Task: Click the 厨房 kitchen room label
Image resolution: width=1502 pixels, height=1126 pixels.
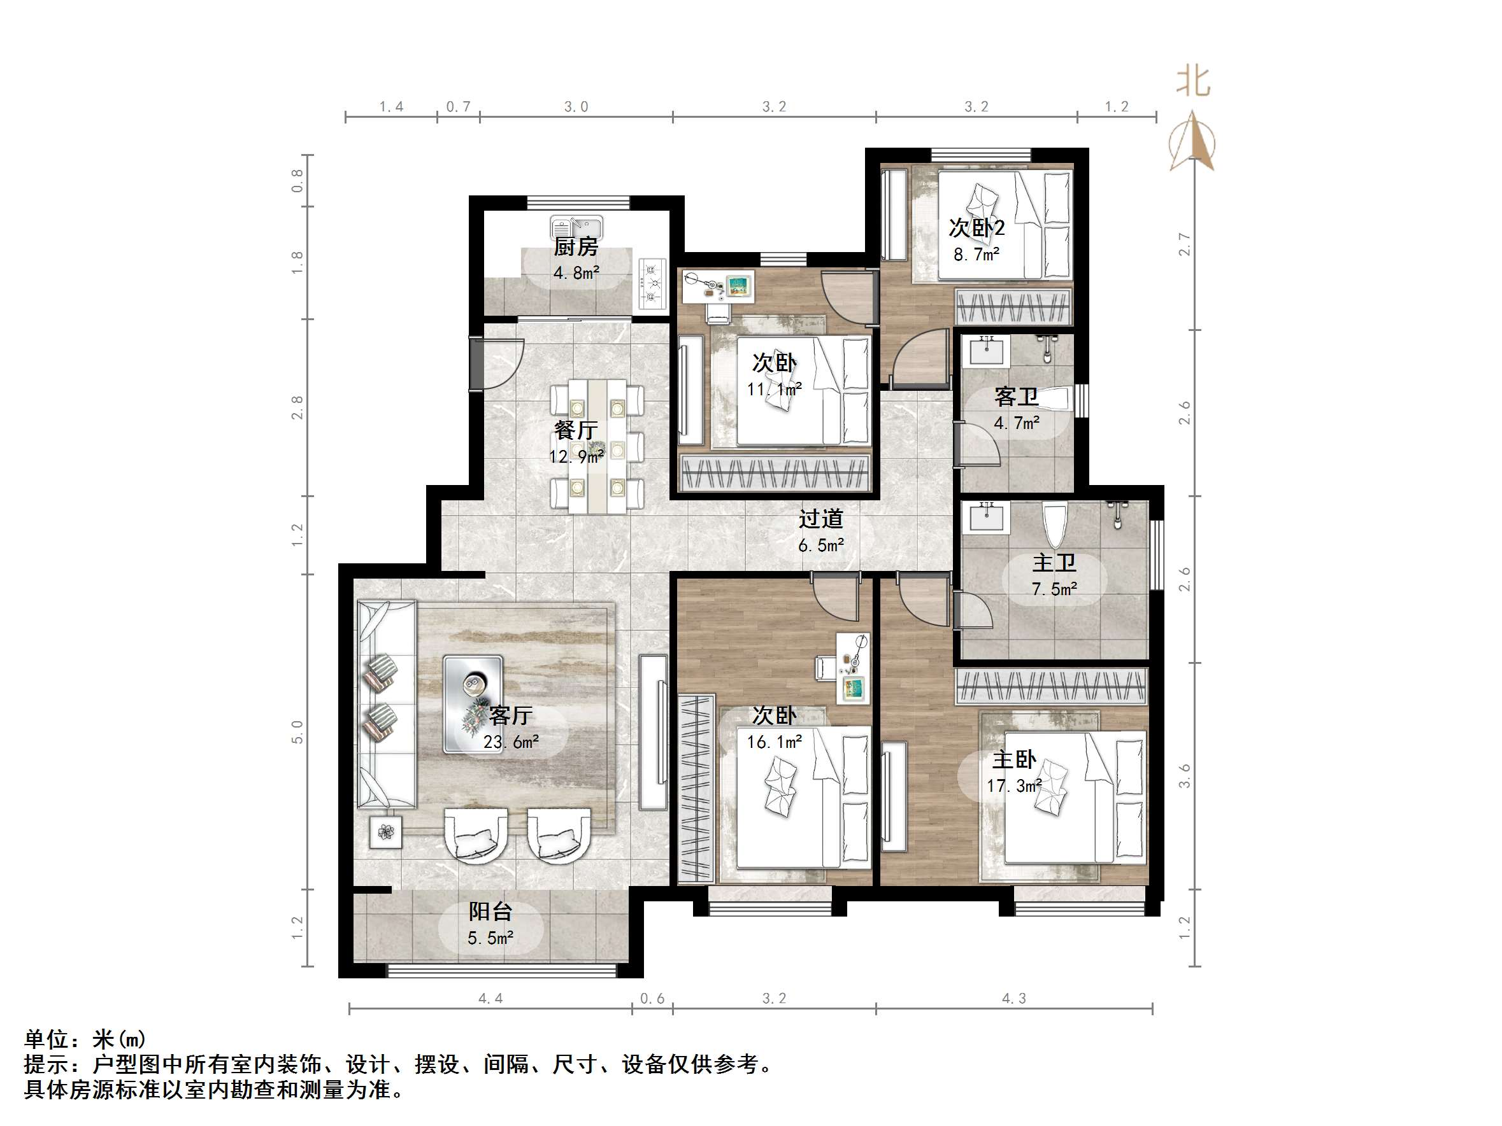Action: pyautogui.click(x=575, y=247)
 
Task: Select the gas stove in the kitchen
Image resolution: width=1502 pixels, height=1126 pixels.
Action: pyautogui.click(x=651, y=285)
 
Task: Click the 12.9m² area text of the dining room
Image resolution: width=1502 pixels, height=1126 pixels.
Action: pyautogui.click(x=576, y=457)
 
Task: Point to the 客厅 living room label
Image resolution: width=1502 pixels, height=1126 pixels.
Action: pyautogui.click(x=511, y=715)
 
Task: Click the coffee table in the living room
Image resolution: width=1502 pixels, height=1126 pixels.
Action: pyautogui.click(x=473, y=704)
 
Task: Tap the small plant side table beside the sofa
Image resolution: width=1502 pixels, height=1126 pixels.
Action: pyautogui.click(x=385, y=831)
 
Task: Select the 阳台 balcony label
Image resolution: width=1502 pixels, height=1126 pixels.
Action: pyautogui.click(x=490, y=911)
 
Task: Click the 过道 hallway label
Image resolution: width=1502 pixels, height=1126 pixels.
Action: pyautogui.click(x=820, y=519)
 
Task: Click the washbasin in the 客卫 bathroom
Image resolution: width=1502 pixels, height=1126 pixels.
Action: pyautogui.click(x=986, y=351)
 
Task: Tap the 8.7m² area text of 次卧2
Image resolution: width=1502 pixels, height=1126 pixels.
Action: pyautogui.click(x=976, y=255)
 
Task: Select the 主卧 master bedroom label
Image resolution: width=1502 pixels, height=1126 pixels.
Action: pyautogui.click(x=1014, y=759)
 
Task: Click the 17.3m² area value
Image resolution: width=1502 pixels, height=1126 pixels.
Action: pyautogui.click(x=1014, y=786)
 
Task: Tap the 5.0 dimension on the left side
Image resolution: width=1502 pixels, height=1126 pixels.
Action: pyautogui.click(x=297, y=731)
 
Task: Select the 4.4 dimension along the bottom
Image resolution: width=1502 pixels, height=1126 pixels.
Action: pyautogui.click(x=490, y=999)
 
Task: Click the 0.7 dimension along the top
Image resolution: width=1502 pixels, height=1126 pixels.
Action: pyautogui.click(x=459, y=106)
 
